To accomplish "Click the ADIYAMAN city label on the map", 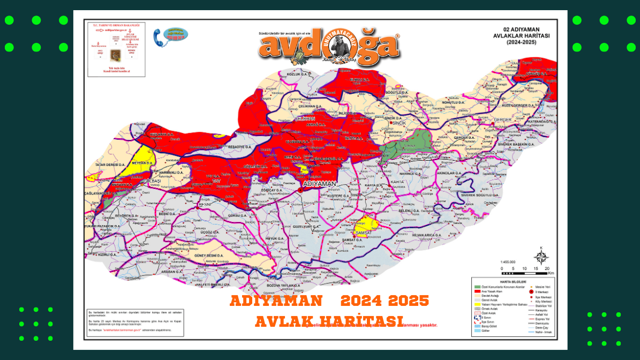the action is (319, 184).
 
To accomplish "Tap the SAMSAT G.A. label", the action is (352, 239).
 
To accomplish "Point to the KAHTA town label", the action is (397, 182).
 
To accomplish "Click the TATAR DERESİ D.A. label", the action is (110, 164).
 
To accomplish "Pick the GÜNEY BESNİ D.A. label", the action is (208, 256).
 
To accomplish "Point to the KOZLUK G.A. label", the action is (299, 74).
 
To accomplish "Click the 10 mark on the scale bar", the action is (525, 268).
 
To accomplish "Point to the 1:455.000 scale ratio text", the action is (509, 261).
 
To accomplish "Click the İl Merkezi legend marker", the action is (531, 292).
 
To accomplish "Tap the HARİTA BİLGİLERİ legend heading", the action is (513, 281).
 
